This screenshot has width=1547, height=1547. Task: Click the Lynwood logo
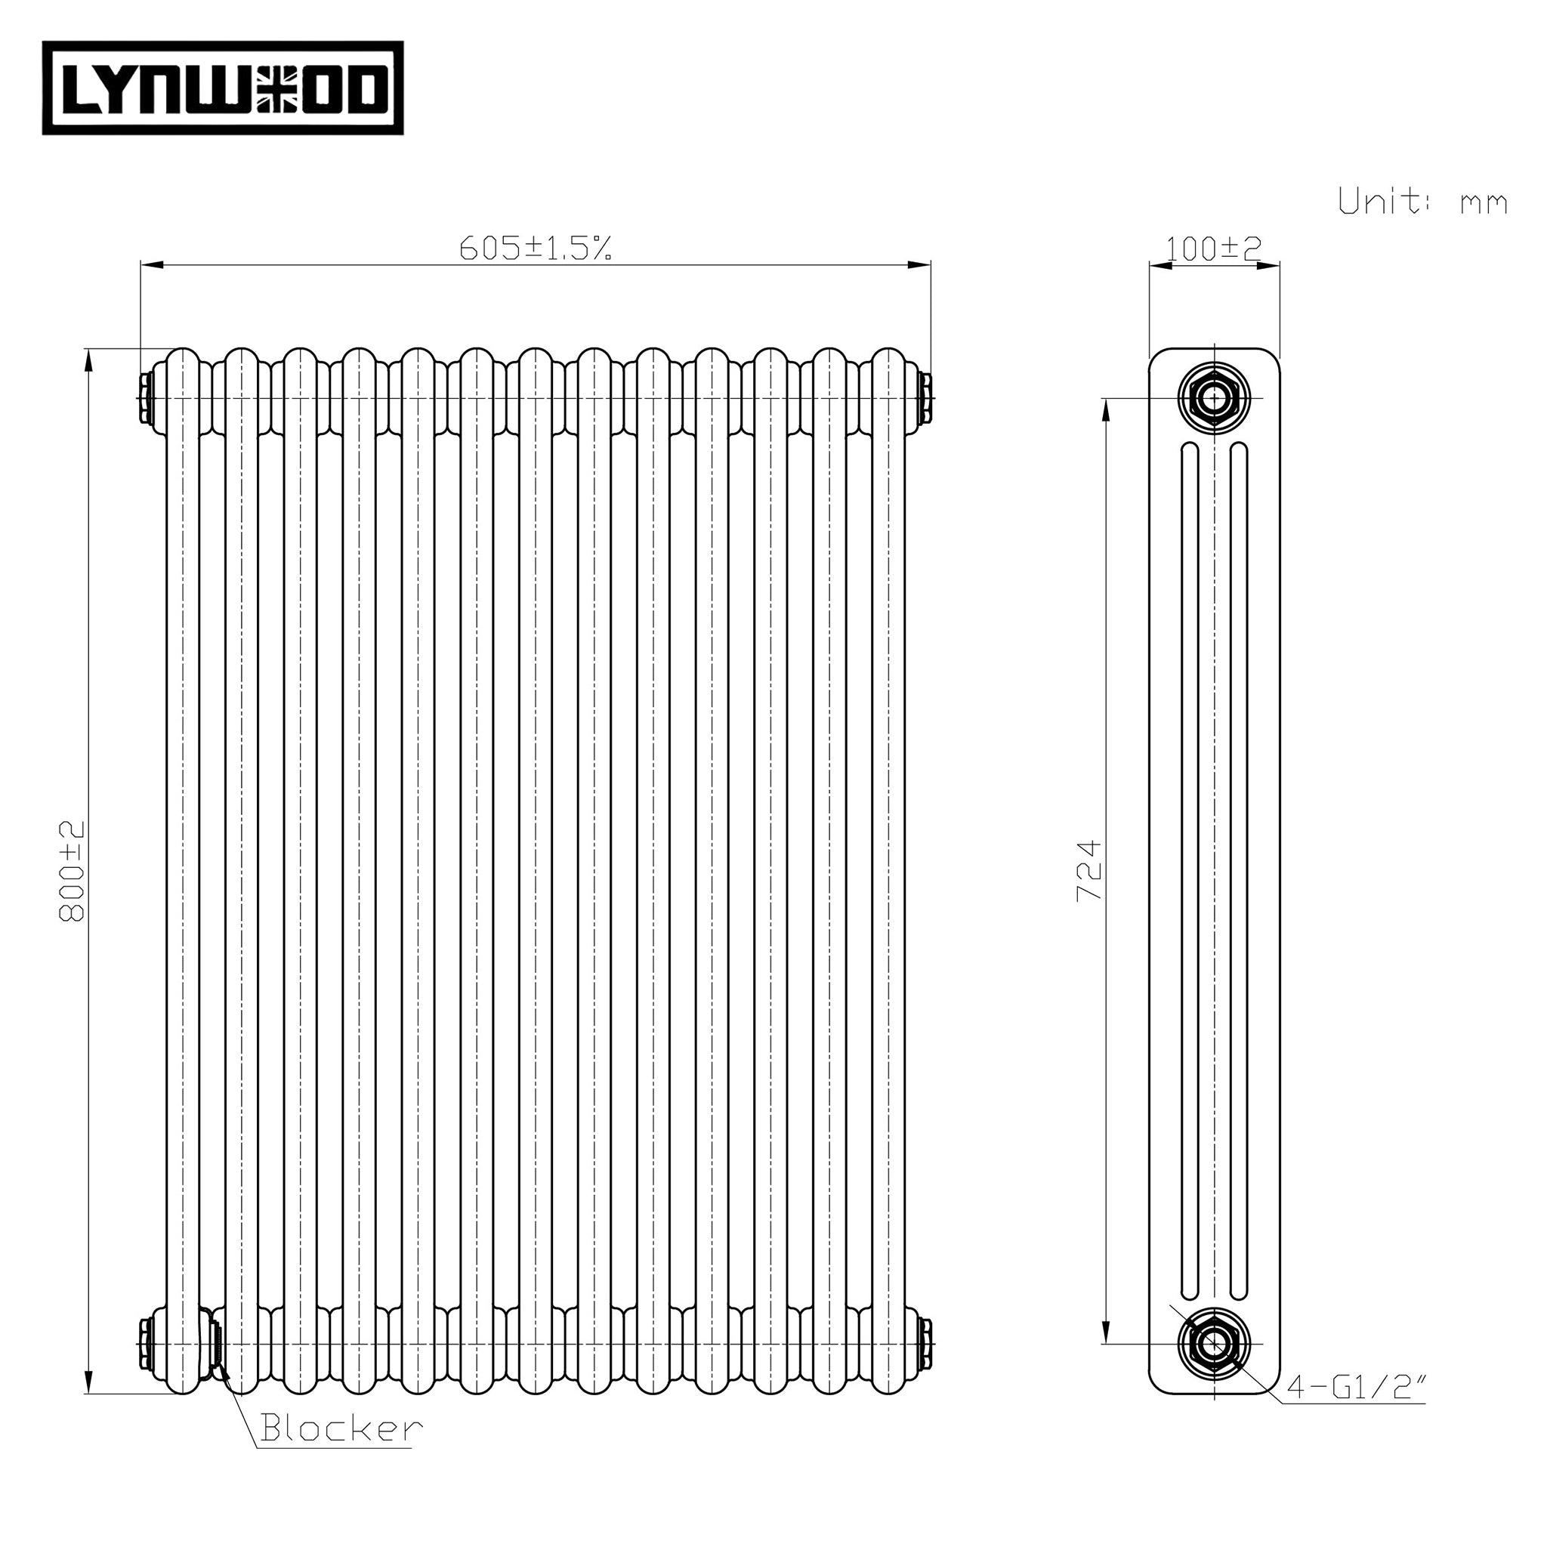[223, 88]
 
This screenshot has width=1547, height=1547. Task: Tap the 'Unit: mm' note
[1423, 201]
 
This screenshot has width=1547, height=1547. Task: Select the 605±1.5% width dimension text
[536, 249]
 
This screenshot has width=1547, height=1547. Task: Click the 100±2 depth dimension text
[1214, 249]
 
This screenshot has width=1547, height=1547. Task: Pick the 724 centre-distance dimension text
[1090, 870]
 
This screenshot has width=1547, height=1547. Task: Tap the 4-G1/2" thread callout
[1356, 1387]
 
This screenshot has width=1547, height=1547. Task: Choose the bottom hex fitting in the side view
[1215, 1343]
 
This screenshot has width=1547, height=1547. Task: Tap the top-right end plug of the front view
[926, 398]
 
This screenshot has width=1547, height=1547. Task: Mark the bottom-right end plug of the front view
[926, 1344]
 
